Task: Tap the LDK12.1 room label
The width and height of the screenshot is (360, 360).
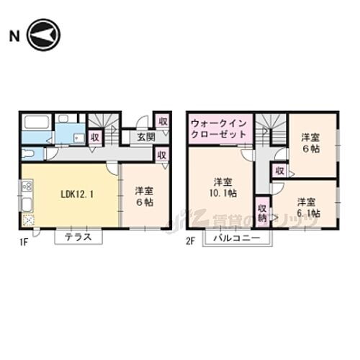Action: coord(68,194)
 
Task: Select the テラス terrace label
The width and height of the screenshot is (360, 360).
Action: coord(78,238)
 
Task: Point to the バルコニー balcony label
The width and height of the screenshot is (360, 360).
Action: coord(235,238)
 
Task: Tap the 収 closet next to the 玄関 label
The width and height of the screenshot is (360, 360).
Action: coord(163,122)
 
